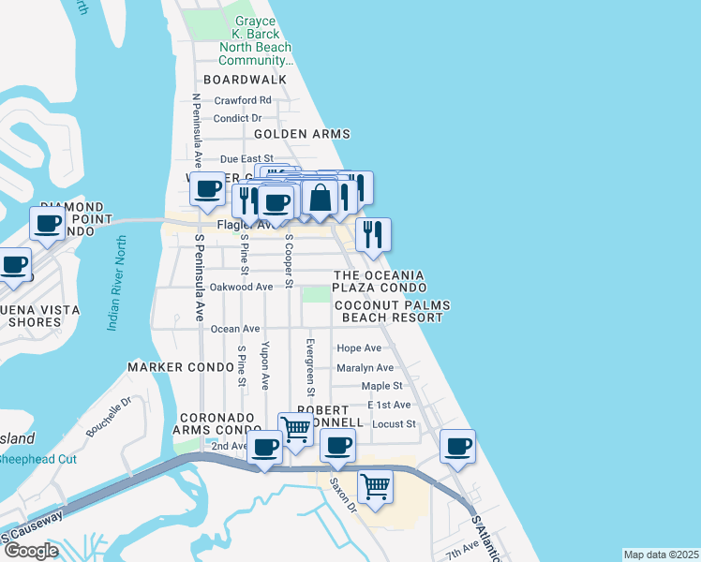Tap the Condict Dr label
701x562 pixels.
[238, 118]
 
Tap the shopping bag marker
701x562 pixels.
[321, 197]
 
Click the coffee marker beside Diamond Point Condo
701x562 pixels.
[48, 224]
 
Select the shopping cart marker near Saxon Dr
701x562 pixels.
[375, 487]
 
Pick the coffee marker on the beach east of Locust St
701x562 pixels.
[457, 447]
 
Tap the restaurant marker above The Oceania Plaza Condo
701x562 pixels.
[373, 236]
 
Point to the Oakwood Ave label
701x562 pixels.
[242, 287]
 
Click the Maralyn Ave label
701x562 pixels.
[365, 368]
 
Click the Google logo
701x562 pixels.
[31, 551]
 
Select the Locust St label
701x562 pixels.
[394, 424]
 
